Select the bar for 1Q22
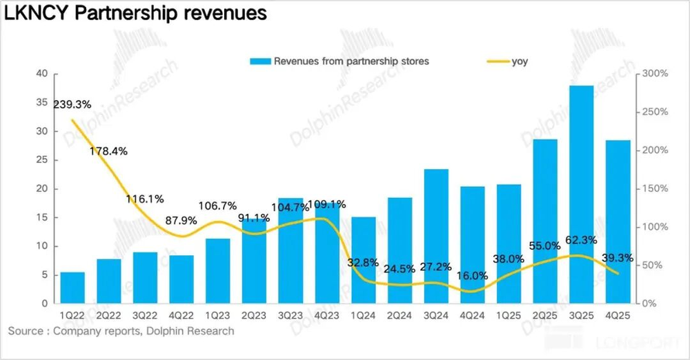click(x=73, y=288)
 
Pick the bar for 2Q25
click(x=545, y=221)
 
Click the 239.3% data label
click(x=73, y=105)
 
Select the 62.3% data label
click(x=582, y=241)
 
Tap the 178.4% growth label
click(x=108, y=151)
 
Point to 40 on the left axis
click(x=42, y=74)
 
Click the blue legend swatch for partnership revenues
click(x=259, y=61)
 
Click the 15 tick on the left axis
click(x=42, y=217)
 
